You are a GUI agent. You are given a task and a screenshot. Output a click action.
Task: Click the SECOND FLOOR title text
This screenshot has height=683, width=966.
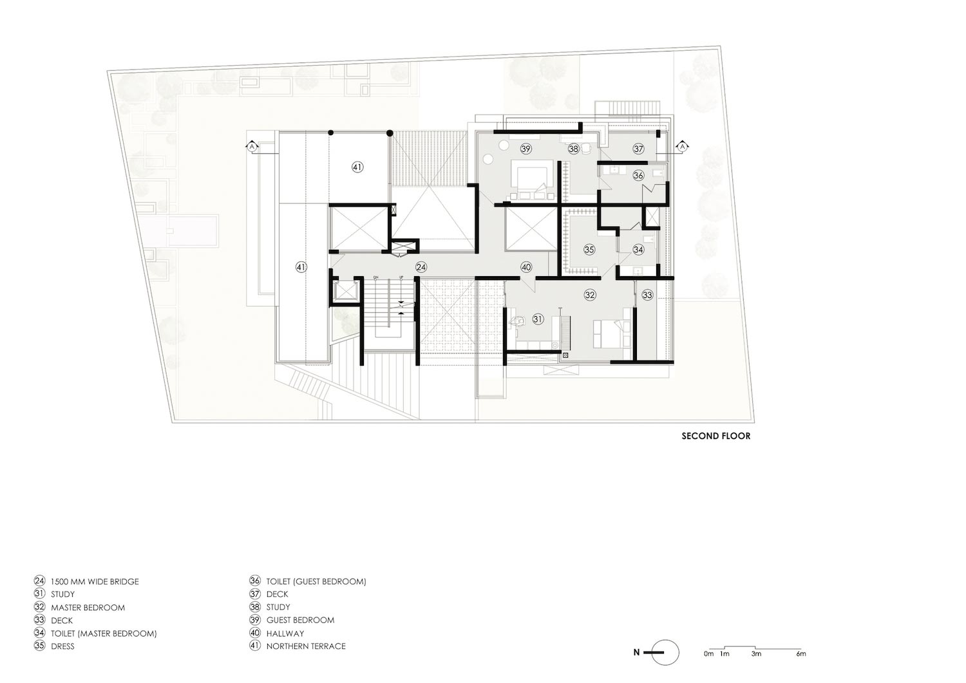715,436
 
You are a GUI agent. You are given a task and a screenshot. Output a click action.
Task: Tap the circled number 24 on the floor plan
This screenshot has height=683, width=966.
421,267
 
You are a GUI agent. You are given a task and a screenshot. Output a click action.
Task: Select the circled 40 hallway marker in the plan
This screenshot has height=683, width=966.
526,267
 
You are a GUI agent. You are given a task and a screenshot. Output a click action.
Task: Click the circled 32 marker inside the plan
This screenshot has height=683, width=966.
590,295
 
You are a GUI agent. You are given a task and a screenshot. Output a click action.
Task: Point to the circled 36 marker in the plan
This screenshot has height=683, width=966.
638,175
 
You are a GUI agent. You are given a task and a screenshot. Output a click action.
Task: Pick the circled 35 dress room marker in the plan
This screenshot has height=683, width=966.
589,249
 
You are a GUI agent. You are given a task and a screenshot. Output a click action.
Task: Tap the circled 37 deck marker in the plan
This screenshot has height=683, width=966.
638,149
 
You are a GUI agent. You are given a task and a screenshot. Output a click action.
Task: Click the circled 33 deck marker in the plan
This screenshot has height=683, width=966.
647,295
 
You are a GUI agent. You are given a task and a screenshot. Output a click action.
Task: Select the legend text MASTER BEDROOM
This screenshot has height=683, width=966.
88,607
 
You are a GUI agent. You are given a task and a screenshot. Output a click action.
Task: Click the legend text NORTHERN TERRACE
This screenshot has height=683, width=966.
306,646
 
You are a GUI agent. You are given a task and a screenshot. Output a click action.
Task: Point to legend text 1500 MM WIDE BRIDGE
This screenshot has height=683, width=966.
95,581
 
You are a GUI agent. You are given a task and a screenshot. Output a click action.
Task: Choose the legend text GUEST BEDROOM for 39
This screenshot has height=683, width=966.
300,620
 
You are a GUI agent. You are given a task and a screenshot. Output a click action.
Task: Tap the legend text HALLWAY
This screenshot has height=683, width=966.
285,633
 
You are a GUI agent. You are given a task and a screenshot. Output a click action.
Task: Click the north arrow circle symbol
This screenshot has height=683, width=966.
667,652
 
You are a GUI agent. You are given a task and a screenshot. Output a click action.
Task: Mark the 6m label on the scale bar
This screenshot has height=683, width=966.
800,654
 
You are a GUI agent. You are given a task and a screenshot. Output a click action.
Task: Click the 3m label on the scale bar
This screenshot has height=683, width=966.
755,654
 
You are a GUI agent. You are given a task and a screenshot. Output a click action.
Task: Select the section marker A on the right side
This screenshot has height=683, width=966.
681,147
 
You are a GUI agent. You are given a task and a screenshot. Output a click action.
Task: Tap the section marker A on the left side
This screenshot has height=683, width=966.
253,147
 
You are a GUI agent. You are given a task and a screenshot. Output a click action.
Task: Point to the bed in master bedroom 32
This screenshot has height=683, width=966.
609,333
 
